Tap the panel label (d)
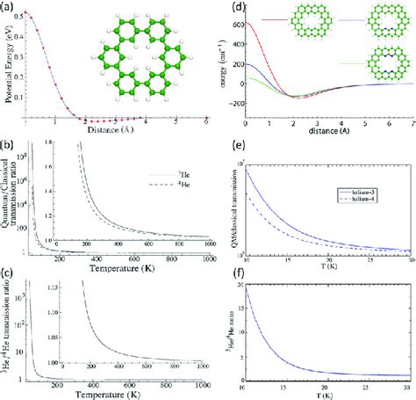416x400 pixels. pyautogui.click(x=220, y=8)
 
